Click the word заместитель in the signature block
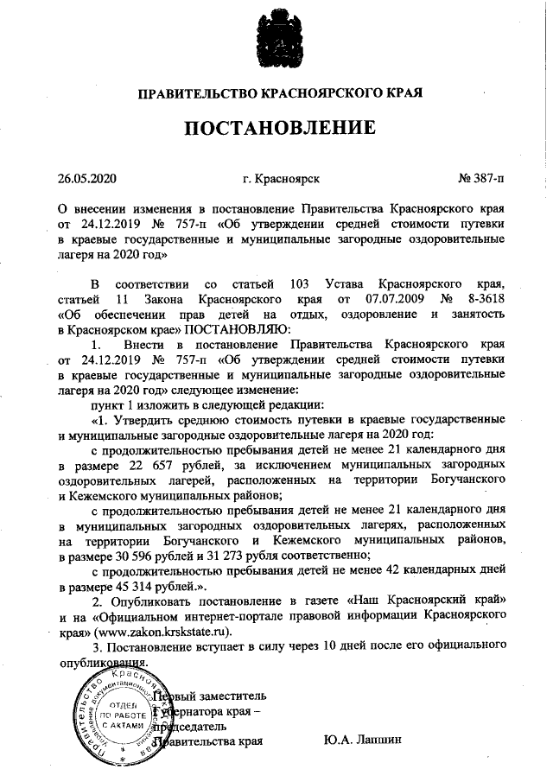point(228,696)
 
